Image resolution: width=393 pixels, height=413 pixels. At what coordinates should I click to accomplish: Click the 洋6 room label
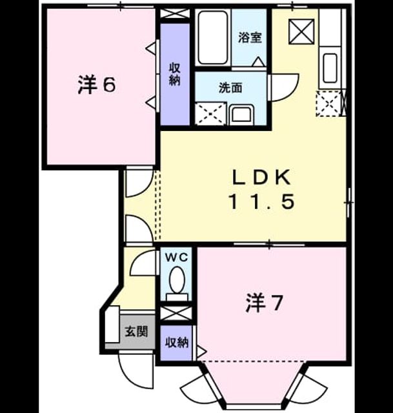97,85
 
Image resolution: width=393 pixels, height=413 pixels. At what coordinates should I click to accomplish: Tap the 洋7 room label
264,303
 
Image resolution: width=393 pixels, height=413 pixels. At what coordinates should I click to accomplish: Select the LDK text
261,177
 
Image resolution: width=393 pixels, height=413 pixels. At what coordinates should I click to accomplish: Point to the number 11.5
262,201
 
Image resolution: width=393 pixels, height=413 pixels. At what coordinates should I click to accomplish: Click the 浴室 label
250,37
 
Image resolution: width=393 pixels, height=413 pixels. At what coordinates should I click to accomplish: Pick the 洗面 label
230,88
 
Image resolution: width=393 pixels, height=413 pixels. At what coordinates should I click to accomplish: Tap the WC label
177,257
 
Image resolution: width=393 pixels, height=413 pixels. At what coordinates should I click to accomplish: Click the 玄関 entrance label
136,332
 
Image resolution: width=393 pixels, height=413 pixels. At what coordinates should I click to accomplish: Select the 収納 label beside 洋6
174,75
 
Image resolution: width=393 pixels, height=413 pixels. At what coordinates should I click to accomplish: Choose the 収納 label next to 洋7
177,343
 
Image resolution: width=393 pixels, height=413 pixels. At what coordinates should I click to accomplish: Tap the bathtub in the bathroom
212,37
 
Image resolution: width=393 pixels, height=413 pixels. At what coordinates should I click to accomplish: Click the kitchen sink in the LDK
330,68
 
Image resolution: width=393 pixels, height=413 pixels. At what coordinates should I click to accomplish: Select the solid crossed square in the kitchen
301,32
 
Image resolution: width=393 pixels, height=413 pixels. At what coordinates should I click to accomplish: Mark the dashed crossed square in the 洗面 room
210,114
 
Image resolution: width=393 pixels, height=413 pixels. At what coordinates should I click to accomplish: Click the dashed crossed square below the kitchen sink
328,103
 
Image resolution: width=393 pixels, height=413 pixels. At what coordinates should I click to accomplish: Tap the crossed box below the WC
176,314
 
